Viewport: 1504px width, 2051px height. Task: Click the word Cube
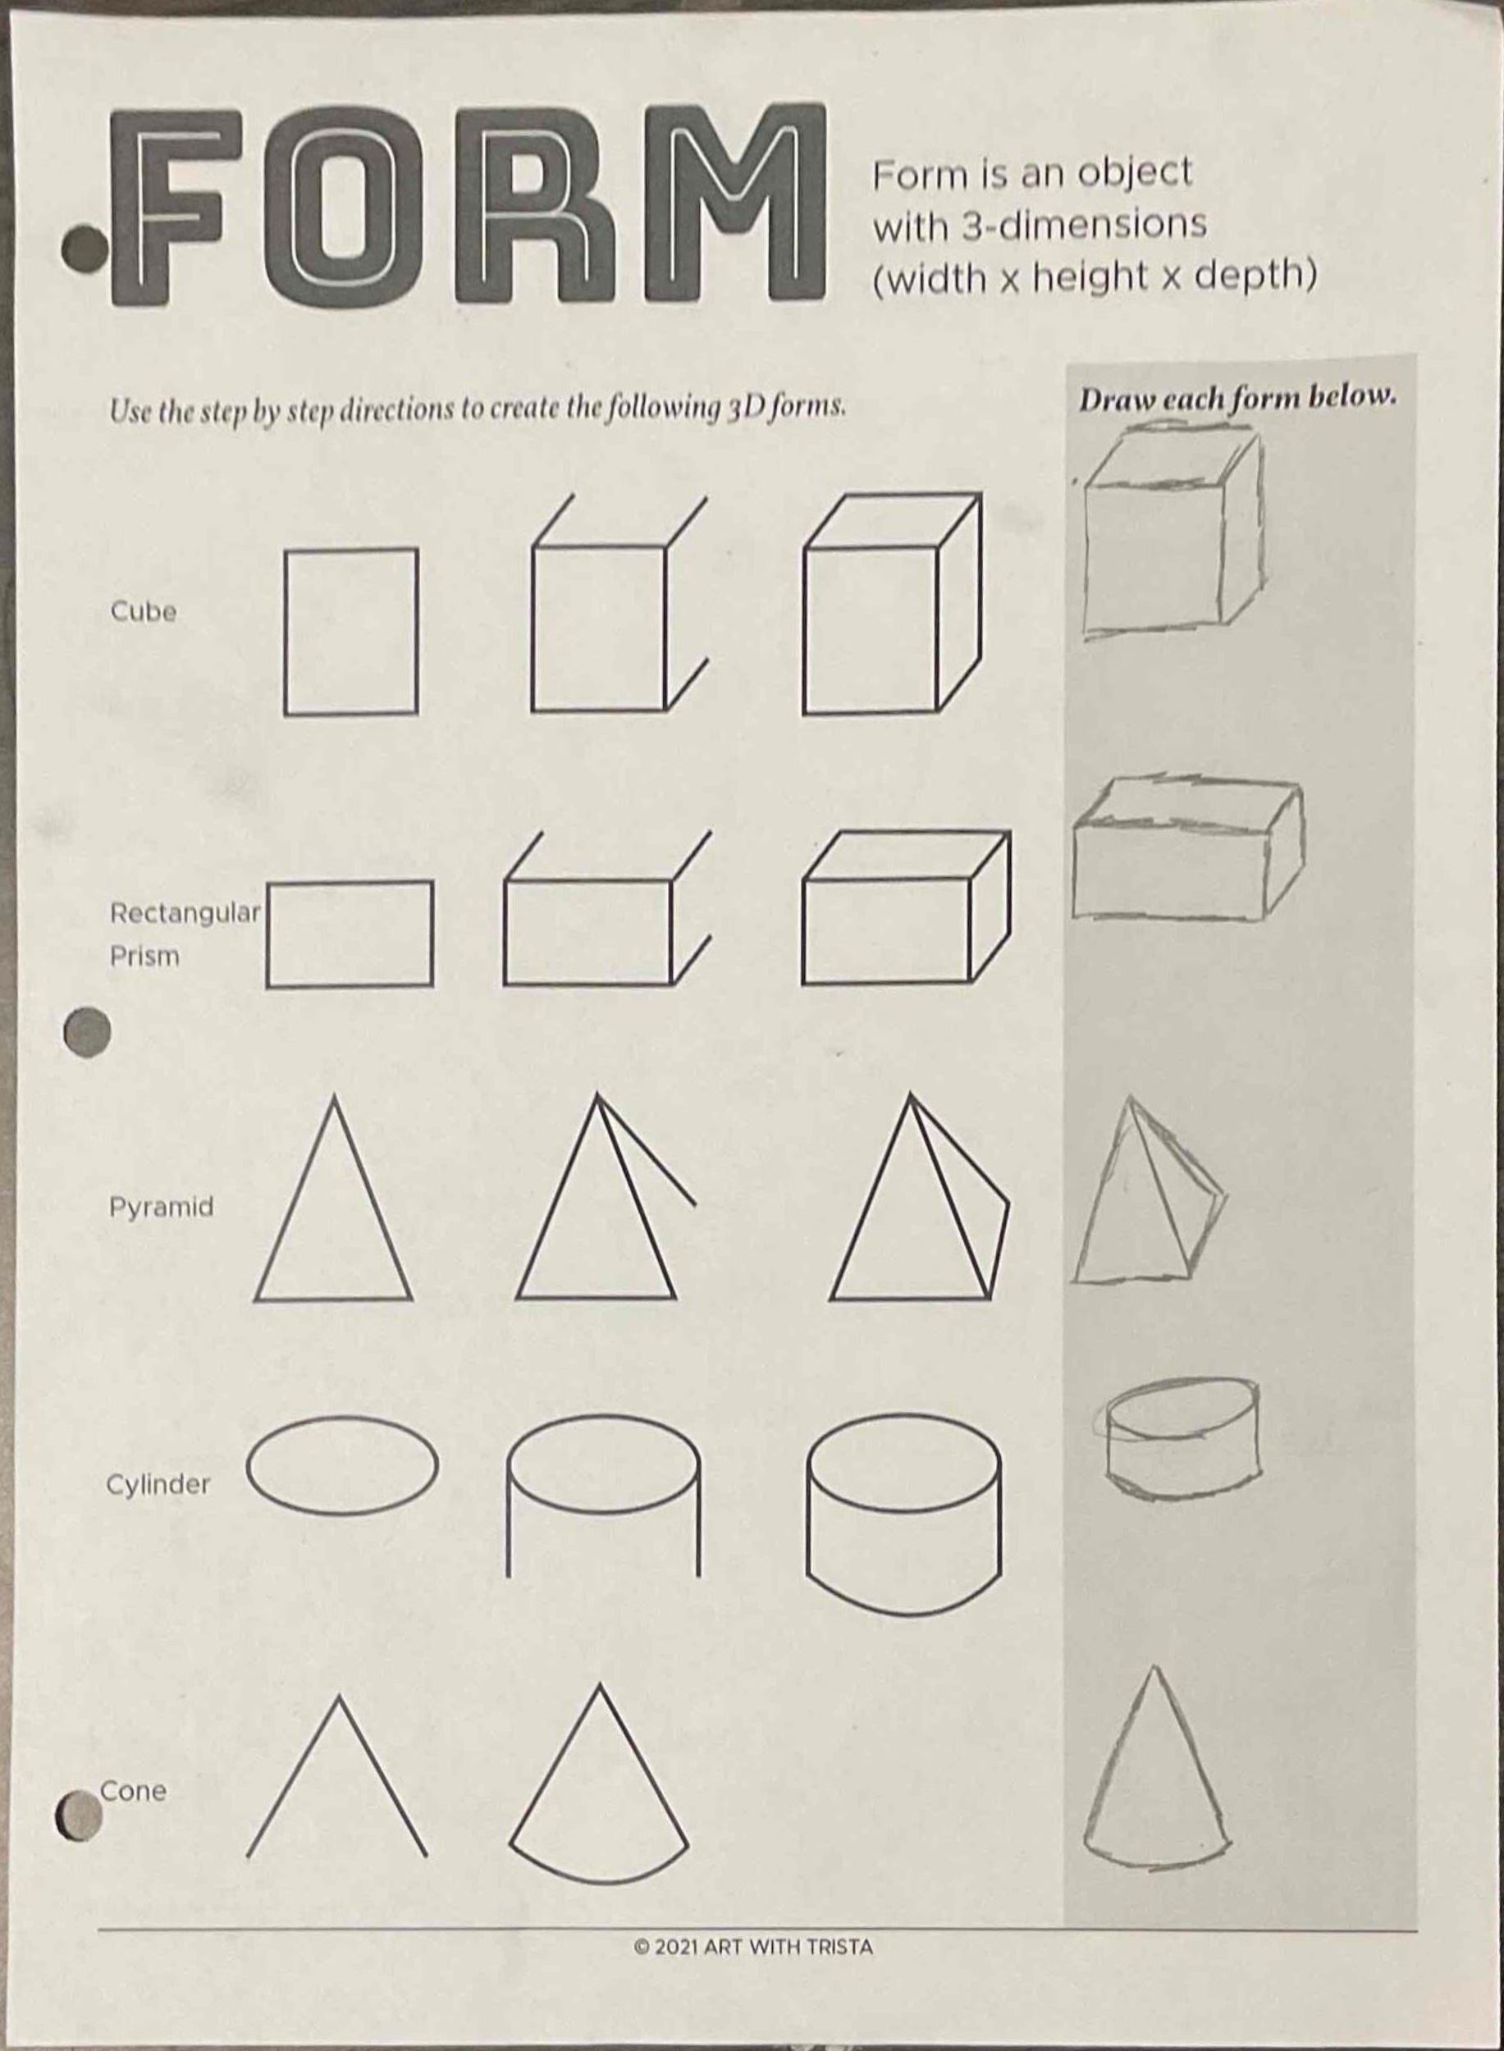coord(143,611)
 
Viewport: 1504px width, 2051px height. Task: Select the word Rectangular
coord(185,912)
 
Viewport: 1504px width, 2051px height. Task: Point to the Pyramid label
coord(161,1207)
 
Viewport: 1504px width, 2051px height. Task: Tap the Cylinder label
coord(158,1485)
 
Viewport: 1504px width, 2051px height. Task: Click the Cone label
coord(133,1791)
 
